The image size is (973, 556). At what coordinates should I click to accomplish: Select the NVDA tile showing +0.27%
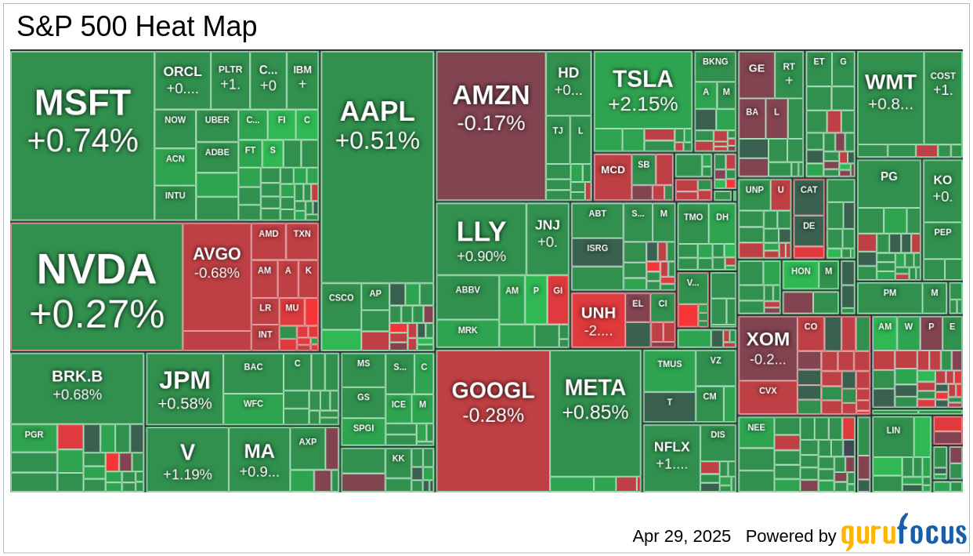pos(96,287)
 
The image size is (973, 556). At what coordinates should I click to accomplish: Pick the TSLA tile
pos(642,90)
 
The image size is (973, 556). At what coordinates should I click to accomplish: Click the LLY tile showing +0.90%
pos(480,239)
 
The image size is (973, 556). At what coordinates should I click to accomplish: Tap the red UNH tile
pos(598,320)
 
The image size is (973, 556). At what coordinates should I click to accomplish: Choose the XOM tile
pos(767,347)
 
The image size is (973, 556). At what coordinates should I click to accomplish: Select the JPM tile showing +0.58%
pos(184,389)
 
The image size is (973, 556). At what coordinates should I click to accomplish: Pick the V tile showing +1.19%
pos(187,460)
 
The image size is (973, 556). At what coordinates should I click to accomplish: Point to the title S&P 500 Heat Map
pos(137,27)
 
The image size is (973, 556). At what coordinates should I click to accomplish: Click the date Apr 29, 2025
pos(682,536)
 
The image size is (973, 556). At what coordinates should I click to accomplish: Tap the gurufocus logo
pos(903,533)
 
